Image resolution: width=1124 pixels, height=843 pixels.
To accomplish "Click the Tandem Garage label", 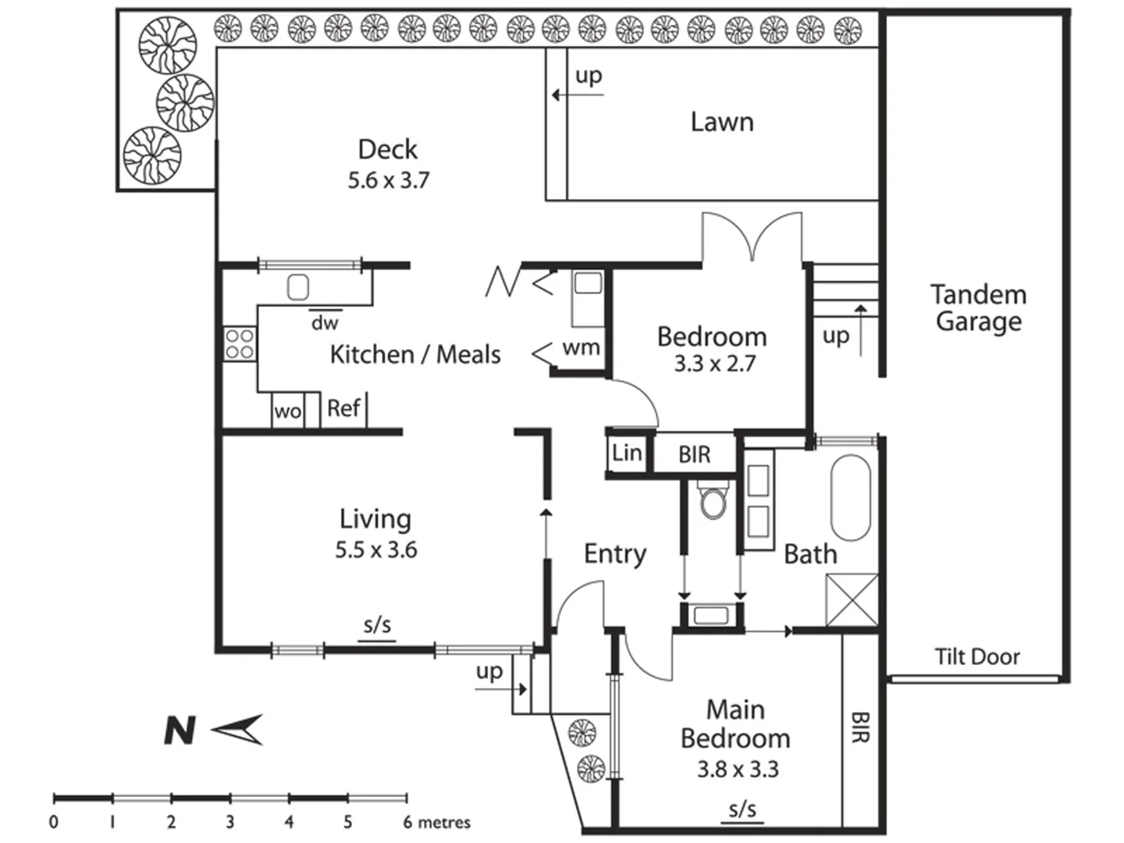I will [978, 308].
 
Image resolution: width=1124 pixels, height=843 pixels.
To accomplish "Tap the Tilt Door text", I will [977, 656].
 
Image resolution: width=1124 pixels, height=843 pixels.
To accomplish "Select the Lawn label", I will [722, 122].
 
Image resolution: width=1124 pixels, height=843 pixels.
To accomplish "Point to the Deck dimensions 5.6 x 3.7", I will [388, 180].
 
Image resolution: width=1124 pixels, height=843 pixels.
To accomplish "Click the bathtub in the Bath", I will [850, 497].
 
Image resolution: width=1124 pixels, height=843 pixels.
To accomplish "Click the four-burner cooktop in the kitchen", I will [240, 344].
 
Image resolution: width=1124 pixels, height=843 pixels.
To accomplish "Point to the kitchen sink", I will [298, 288].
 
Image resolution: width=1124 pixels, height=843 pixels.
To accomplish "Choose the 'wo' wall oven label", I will [287, 411].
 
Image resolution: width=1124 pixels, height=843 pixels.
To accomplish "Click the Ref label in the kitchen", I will [343, 408].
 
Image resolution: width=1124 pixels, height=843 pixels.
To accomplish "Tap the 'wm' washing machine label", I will [582, 347].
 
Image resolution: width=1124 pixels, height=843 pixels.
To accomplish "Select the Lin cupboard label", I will [627, 453].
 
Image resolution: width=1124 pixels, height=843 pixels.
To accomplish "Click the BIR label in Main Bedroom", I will [859, 727].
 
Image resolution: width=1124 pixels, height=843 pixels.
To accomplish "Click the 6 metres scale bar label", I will [437, 822].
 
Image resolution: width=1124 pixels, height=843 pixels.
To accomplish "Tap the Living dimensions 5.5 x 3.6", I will [376, 550].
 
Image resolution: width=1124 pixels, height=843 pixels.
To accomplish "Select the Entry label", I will [615, 554].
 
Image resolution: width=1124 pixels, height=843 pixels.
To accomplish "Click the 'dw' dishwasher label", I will [325, 322].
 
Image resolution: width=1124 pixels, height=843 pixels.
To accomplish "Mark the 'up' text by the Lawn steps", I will [589, 76].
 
